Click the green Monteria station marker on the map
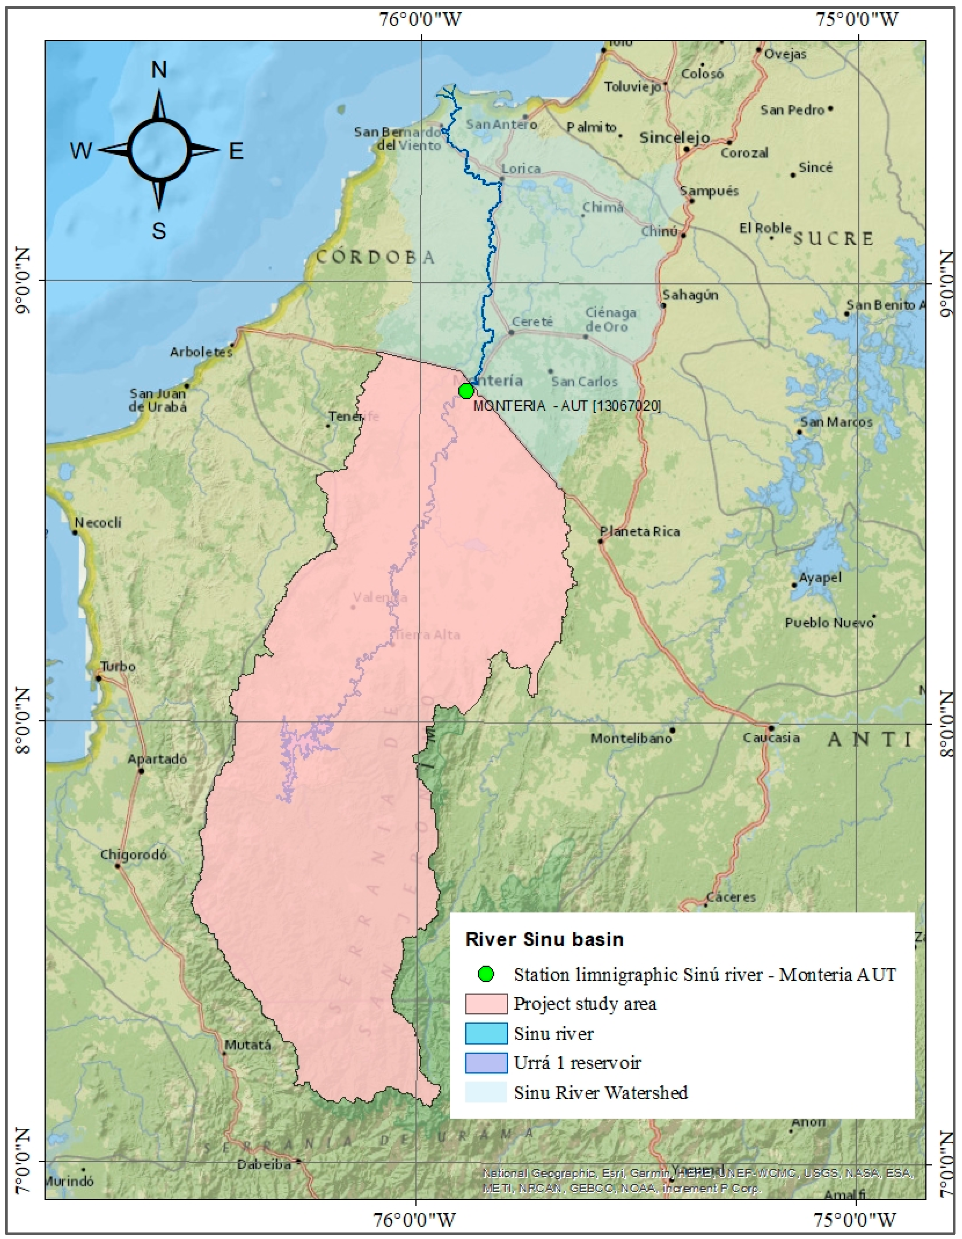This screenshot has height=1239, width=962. click(466, 391)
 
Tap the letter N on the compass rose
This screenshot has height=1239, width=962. click(159, 70)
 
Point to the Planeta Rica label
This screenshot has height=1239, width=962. click(640, 532)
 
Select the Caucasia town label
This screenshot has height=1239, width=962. click(771, 737)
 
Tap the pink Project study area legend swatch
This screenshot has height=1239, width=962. click(486, 1004)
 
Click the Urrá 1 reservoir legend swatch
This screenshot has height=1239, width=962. click(486, 1063)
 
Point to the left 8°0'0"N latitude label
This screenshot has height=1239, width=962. click(23, 721)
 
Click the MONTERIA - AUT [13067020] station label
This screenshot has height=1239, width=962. click(566, 406)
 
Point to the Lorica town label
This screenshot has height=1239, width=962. click(521, 168)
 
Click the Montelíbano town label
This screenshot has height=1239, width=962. click(631, 738)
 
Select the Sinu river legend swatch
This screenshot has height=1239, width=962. click(486, 1033)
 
